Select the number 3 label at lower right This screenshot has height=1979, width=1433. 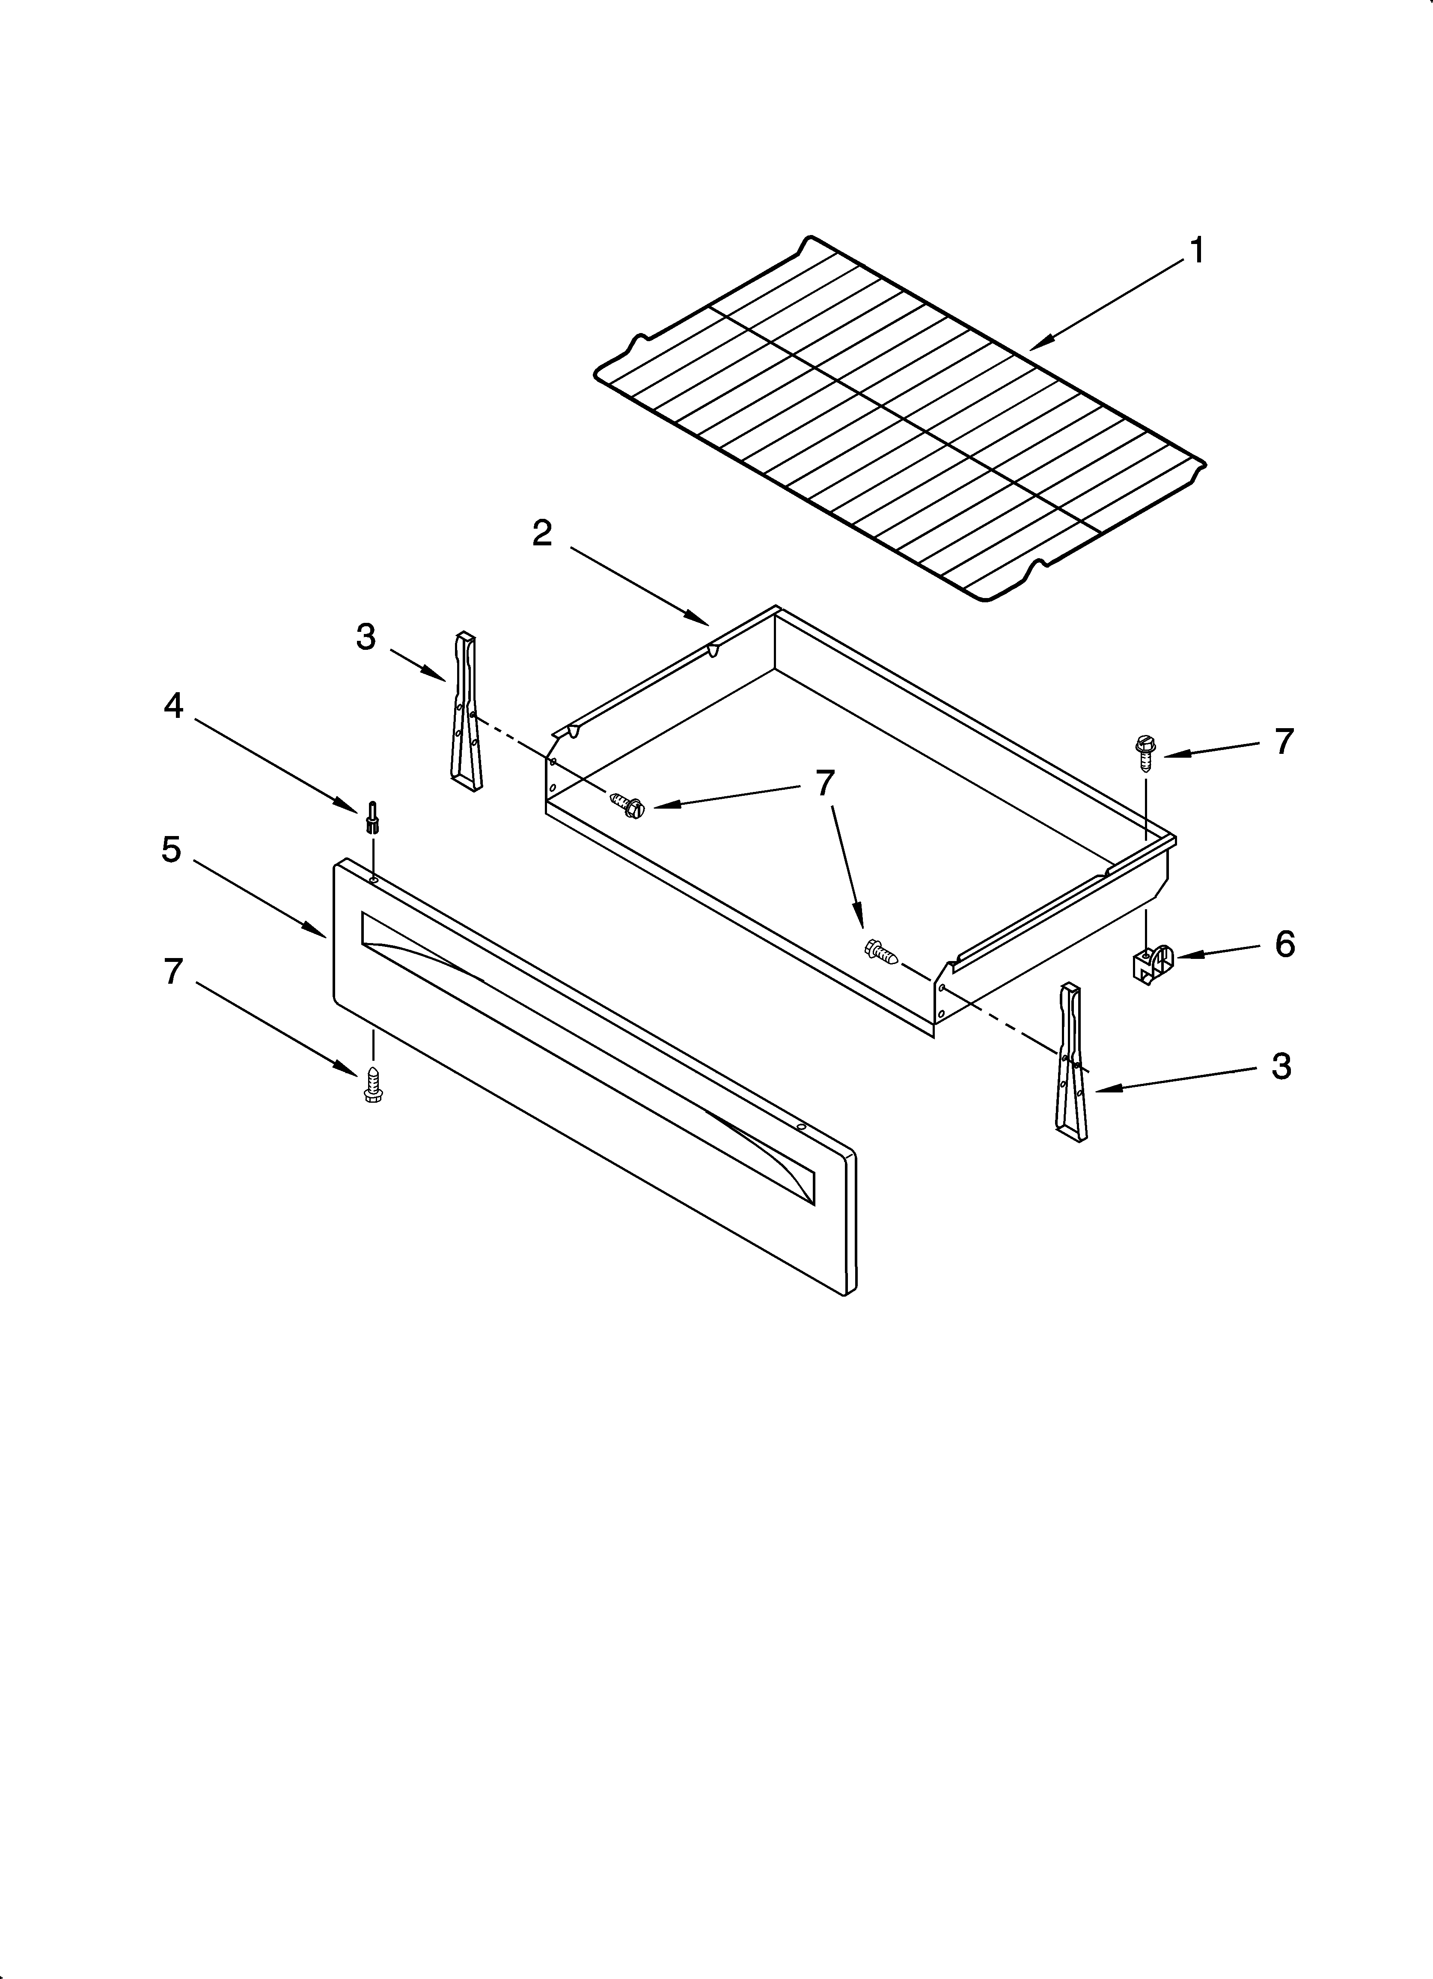coord(1280,1066)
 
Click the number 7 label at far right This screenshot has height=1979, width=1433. coord(1283,742)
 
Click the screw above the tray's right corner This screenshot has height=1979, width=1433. coord(1143,750)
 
